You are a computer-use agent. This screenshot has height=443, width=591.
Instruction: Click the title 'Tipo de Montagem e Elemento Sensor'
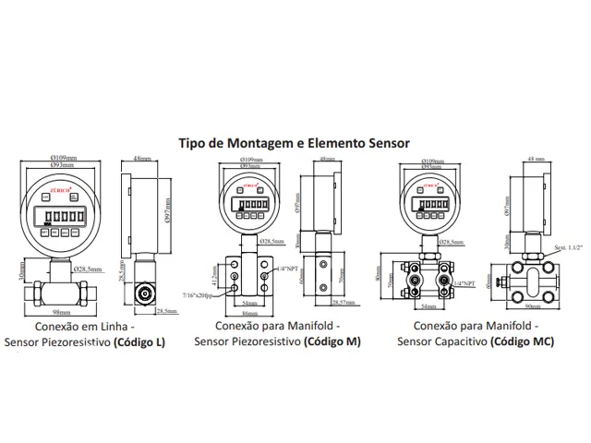pos(294,144)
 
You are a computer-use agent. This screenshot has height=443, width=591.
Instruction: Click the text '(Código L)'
pos(139,342)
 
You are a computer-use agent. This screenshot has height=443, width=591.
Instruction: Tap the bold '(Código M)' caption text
pos(333,341)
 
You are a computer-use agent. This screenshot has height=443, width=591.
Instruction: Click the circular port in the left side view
pos(144,293)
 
